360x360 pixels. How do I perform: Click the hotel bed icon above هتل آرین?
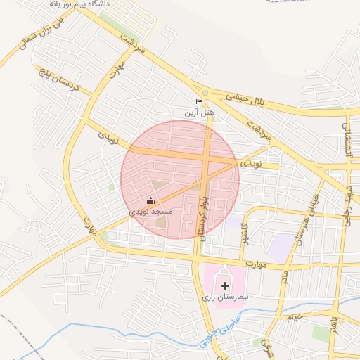pos(199,101)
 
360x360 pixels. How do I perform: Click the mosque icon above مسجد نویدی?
pos(150,200)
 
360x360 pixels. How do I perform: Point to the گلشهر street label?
pos(244,231)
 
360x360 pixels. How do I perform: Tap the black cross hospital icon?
pos(225,285)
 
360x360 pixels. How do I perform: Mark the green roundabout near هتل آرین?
pos(205,93)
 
